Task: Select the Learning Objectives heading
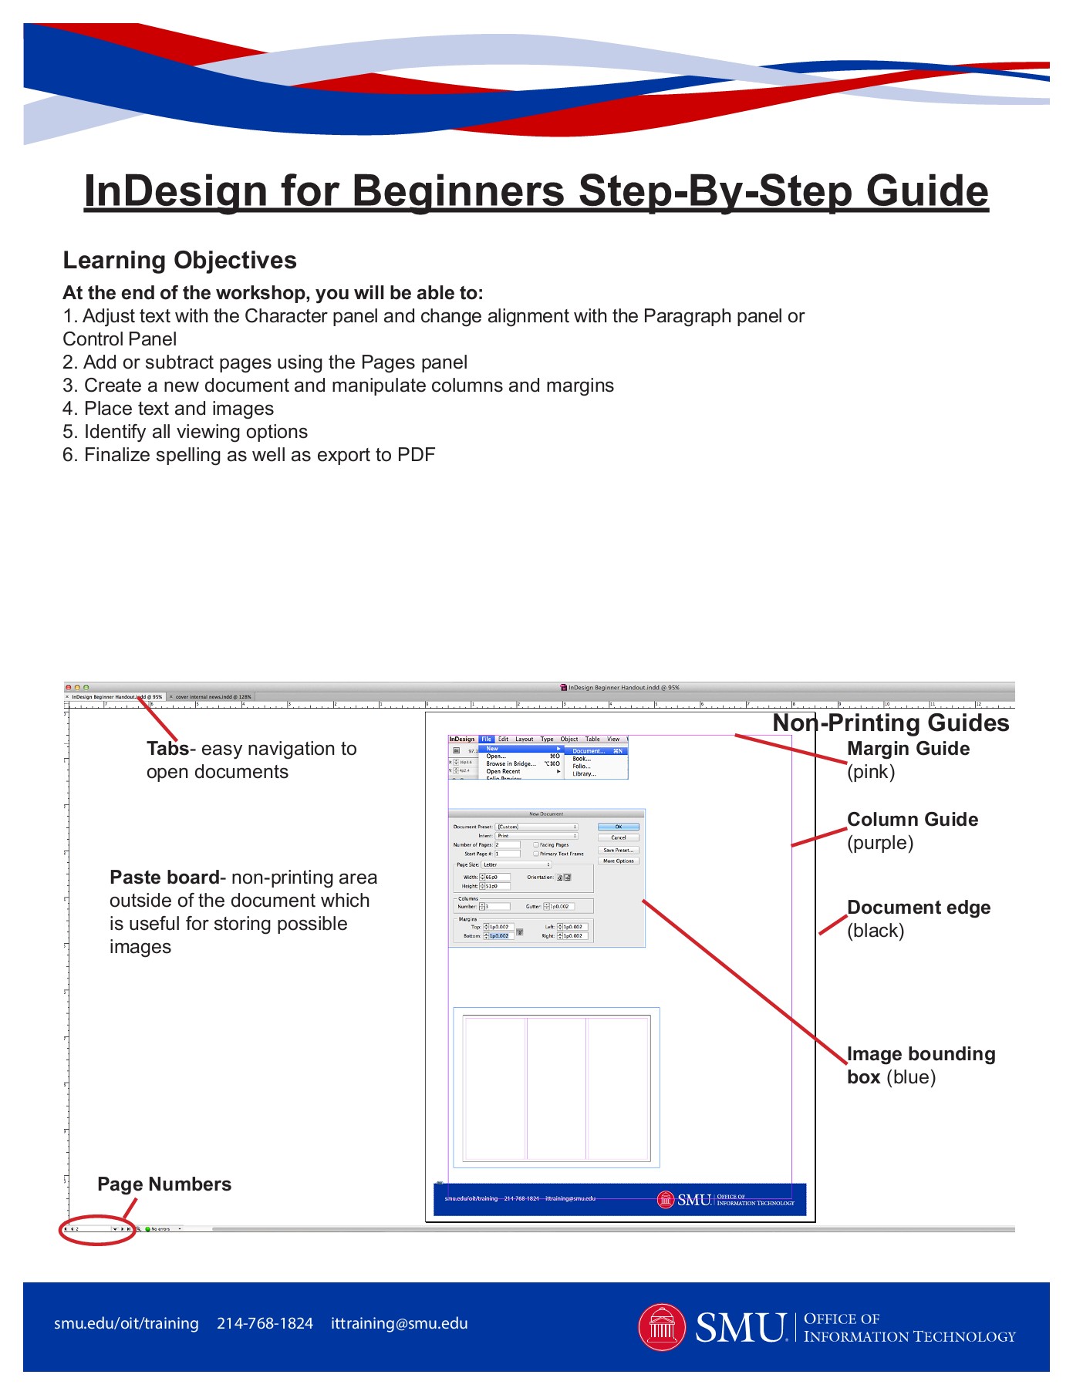tap(180, 261)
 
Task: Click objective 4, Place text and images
tap(168, 409)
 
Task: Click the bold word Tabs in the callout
tap(167, 749)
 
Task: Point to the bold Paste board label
tap(164, 878)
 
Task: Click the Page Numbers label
tap(164, 1184)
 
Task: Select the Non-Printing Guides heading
tap(891, 723)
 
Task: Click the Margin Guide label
tap(908, 749)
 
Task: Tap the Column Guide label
tap(912, 820)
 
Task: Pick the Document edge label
tap(918, 908)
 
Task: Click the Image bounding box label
tap(920, 1054)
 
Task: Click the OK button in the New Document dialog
tap(618, 827)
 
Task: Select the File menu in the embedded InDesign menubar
tap(486, 739)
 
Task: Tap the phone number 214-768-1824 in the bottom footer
tap(265, 1323)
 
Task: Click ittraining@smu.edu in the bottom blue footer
tap(399, 1323)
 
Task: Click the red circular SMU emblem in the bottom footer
tap(662, 1327)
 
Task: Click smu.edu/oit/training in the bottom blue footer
tap(127, 1323)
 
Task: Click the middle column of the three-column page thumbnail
tap(556, 1088)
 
